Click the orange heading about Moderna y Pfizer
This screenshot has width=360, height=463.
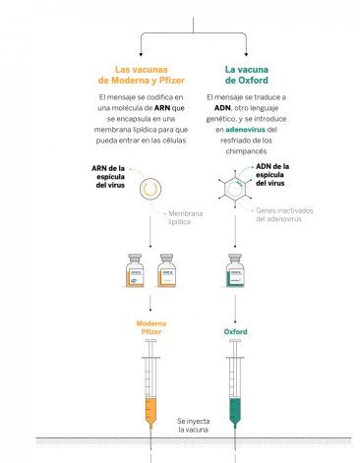pos(142,75)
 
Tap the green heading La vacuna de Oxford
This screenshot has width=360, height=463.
pos(247,75)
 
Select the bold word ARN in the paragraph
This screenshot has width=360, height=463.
pos(162,108)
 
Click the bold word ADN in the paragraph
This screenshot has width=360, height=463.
pos(222,108)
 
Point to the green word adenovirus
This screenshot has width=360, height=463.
pos(245,130)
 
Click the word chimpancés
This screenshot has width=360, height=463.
pos(246,151)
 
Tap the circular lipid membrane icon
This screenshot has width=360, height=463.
pos(150,189)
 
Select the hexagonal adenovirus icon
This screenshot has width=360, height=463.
pos(235,189)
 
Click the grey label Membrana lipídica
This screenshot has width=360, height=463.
pos(186,217)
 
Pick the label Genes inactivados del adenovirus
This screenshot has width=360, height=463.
pos(284,215)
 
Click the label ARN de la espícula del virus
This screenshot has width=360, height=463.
pos(108,177)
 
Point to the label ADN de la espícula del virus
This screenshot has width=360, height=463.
pos(272,175)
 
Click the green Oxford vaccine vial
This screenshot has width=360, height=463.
pos(235,270)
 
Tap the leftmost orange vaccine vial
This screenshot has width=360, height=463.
pos(135,270)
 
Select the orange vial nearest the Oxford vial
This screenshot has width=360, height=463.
pos(166,270)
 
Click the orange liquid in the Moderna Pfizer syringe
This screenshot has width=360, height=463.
pos(150,411)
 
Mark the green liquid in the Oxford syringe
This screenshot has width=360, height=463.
pos(235,411)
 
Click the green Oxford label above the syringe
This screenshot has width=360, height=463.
pos(235,332)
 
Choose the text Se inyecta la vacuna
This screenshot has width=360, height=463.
pos(194,426)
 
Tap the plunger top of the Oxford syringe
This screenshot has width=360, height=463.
pos(235,341)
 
